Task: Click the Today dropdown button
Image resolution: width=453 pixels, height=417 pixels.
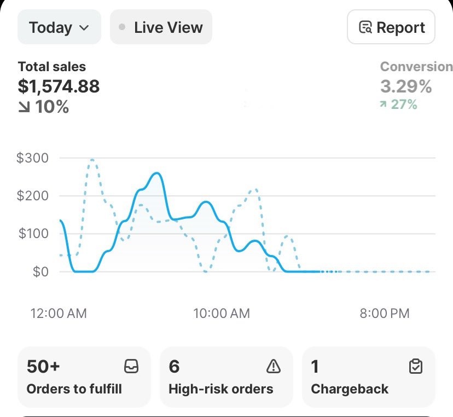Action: [59, 27]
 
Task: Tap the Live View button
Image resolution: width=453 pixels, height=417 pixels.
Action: [161, 27]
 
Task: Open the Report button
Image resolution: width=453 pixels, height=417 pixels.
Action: [391, 27]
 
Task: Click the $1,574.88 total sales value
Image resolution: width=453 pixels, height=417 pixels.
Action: [59, 86]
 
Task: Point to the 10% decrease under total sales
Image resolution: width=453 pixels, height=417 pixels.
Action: [44, 107]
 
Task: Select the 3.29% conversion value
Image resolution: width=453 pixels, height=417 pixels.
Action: [406, 86]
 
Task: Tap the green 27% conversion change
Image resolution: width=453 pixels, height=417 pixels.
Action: [399, 104]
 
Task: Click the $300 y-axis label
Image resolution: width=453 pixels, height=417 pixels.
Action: [32, 158]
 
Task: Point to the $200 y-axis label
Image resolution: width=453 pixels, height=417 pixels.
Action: [32, 196]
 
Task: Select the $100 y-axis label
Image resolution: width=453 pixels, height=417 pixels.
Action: [33, 234]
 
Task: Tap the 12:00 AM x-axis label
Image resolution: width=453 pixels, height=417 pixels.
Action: [59, 314]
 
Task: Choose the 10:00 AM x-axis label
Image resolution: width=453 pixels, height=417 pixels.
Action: [221, 314]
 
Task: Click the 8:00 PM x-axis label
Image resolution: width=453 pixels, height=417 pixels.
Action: [384, 314]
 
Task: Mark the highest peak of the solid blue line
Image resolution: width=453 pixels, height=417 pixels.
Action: [156, 173]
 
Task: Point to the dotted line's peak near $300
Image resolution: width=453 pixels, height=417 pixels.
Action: [92, 160]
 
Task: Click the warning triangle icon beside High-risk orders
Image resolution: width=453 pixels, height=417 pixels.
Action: [273, 367]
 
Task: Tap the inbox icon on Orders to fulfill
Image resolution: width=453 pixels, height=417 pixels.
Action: [131, 367]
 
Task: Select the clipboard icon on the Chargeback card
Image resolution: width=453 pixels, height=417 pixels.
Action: [416, 367]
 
